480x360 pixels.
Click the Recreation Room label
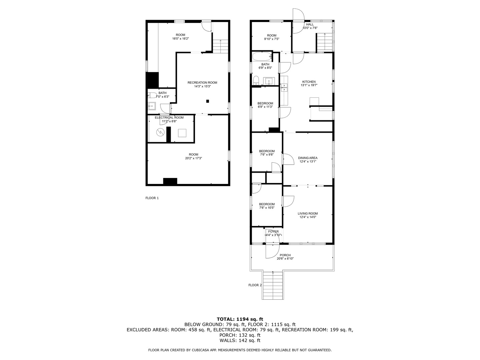(x=202, y=83)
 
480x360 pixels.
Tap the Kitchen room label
(x=309, y=82)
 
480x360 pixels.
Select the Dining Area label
(x=308, y=158)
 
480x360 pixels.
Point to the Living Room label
(x=308, y=214)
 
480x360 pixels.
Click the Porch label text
(x=285, y=255)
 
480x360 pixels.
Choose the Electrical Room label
(x=169, y=118)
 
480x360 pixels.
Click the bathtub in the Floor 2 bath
(x=262, y=57)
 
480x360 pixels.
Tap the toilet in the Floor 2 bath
(x=256, y=80)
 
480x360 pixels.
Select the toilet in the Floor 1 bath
(x=152, y=95)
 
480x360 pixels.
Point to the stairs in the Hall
(x=325, y=42)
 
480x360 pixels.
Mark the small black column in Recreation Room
(x=208, y=101)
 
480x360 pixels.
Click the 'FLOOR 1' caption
(x=152, y=198)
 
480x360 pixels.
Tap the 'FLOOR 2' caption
(x=255, y=285)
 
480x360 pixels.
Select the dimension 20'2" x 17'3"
(x=193, y=158)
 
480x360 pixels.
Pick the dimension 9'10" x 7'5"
(x=272, y=39)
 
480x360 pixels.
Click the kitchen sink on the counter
(x=285, y=87)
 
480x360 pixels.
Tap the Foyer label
(x=273, y=232)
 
